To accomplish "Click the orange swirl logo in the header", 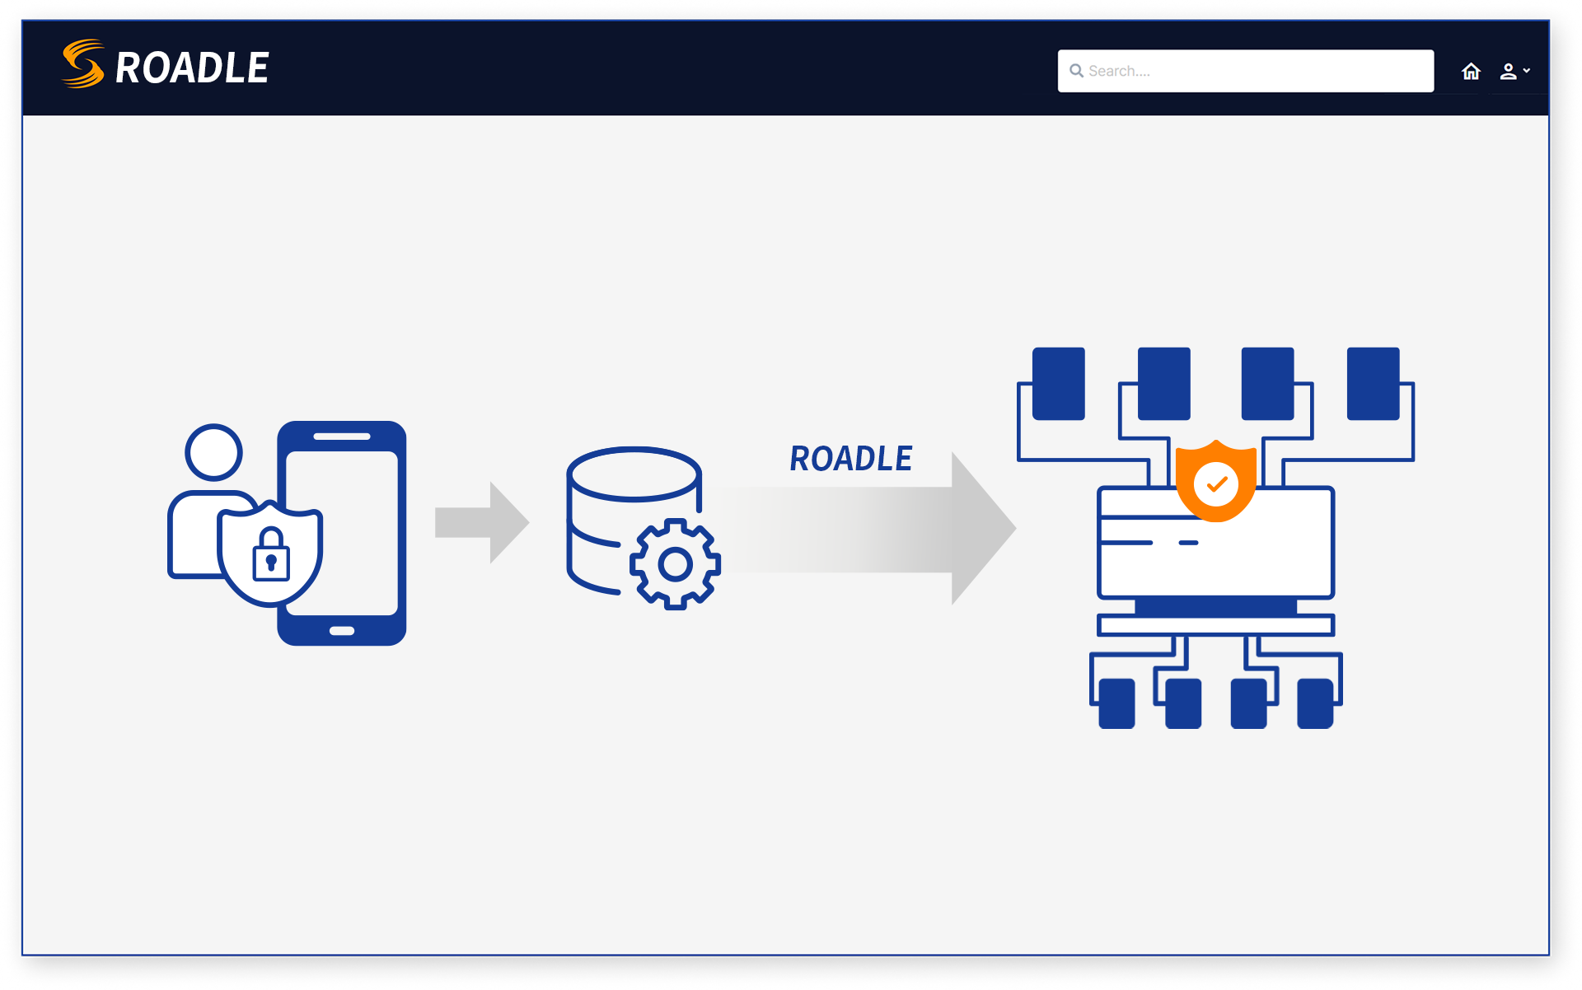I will (83, 64).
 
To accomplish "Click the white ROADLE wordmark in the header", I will (192, 68).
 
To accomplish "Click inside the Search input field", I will (1252, 71).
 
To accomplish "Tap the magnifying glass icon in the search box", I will (1076, 71).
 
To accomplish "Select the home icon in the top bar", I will (1471, 72).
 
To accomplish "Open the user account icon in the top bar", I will (1509, 72).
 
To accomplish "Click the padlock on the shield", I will (271, 556).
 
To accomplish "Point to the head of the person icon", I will (213, 451).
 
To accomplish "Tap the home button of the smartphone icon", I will (342, 631).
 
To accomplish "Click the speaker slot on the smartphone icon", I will (342, 437).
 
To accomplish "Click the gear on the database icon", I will (676, 564).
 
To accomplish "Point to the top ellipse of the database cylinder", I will (634, 474).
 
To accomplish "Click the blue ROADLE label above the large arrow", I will (850, 459).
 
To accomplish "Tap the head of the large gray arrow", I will (981, 528).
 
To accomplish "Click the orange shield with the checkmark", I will (1216, 483).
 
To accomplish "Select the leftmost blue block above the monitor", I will (1058, 383).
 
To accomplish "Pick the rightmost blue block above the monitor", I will (1373, 383).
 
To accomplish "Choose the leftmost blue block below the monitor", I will (1116, 703).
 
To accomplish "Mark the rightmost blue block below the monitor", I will (1315, 703).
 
